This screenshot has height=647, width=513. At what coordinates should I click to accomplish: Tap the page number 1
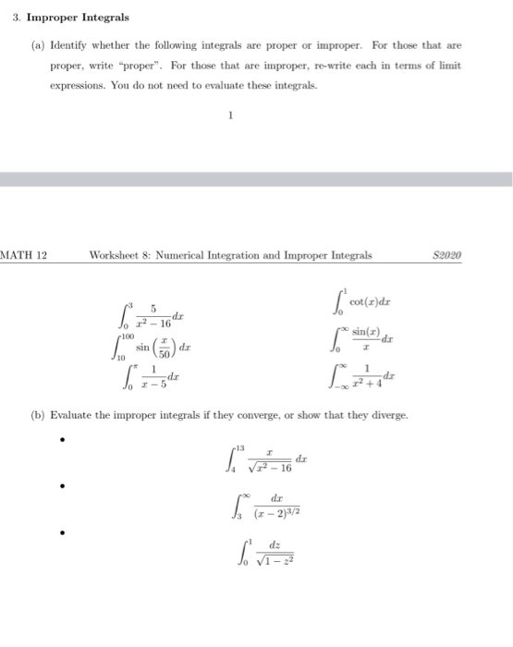tap(231, 116)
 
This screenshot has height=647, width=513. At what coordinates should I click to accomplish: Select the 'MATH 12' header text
tap(23, 255)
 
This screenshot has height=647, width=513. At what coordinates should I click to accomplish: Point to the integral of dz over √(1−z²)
tap(263, 555)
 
